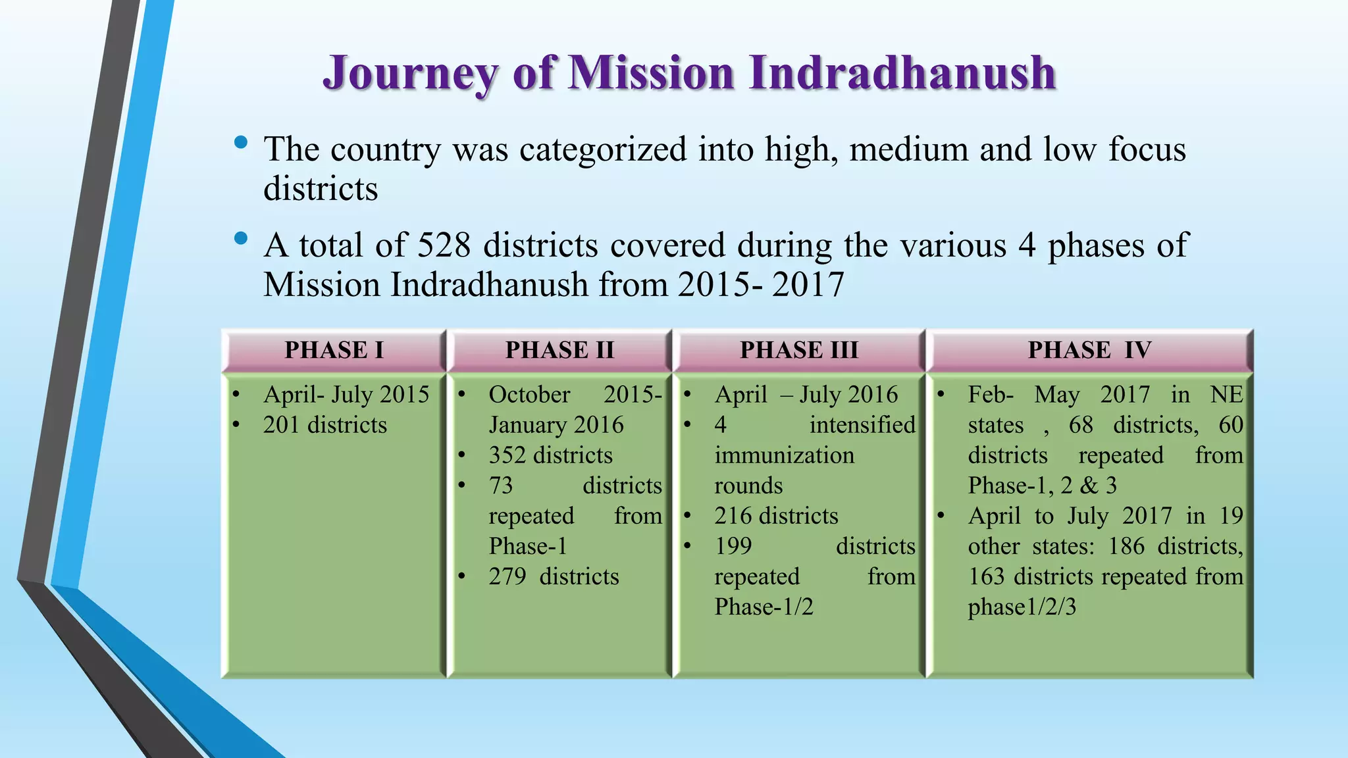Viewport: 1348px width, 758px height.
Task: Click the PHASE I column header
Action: click(x=334, y=350)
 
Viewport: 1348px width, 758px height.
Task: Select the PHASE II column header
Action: click(x=559, y=350)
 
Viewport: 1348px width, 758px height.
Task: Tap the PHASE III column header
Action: click(x=799, y=350)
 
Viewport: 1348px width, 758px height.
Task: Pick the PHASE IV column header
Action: click(x=1089, y=350)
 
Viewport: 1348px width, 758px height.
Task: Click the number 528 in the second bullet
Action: click(x=444, y=245)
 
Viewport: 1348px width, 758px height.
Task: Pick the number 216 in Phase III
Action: click(x=733, y=516)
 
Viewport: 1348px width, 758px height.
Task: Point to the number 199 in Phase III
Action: click(x=733, y=546)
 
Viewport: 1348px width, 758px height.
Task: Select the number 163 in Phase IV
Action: click(x=986, y=576)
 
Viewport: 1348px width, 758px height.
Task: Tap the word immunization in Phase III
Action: click(x=785, y=455)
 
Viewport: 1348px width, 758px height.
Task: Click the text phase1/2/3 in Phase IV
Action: click(x=1022, y=607)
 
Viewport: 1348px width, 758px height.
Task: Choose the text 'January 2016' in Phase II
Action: click(x=556, y=425)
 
